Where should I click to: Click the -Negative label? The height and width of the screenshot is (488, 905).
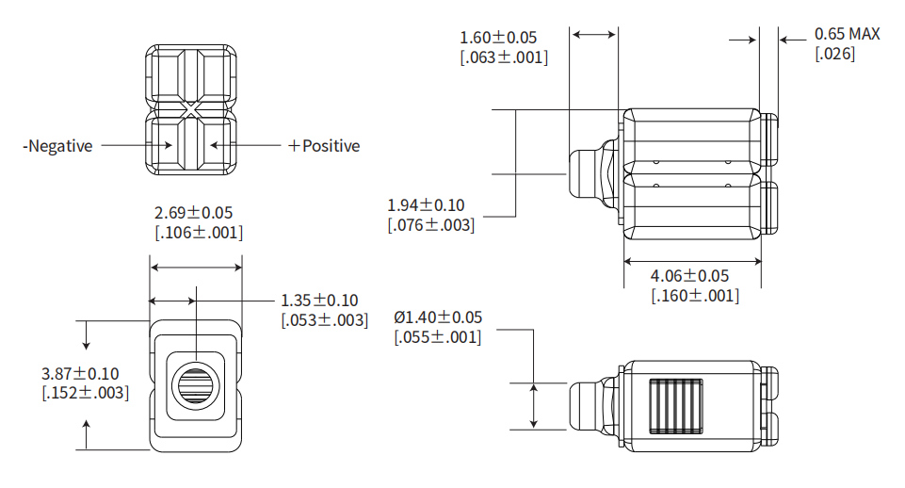coord(58,146)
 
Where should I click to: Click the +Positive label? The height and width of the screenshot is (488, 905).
coord(323,146)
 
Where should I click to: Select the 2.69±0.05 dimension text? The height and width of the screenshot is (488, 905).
coord(193,213)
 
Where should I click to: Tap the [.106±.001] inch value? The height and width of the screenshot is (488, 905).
coord(198,233)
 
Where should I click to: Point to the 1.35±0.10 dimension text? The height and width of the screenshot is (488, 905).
coord(319,301)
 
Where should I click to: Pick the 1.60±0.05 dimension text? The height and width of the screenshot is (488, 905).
coord(498,38)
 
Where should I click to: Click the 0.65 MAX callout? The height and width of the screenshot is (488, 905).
coord(847,35)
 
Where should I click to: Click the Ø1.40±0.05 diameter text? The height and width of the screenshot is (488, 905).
coord(438,317)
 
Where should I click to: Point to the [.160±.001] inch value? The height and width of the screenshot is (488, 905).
coord(695,295)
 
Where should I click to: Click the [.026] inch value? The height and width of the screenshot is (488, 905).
coord(834,54)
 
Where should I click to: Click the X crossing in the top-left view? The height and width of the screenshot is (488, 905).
coord(191,110)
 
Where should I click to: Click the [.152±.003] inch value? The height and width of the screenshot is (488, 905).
coord(86,393)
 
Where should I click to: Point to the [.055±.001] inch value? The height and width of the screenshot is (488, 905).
coord(438,336)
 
